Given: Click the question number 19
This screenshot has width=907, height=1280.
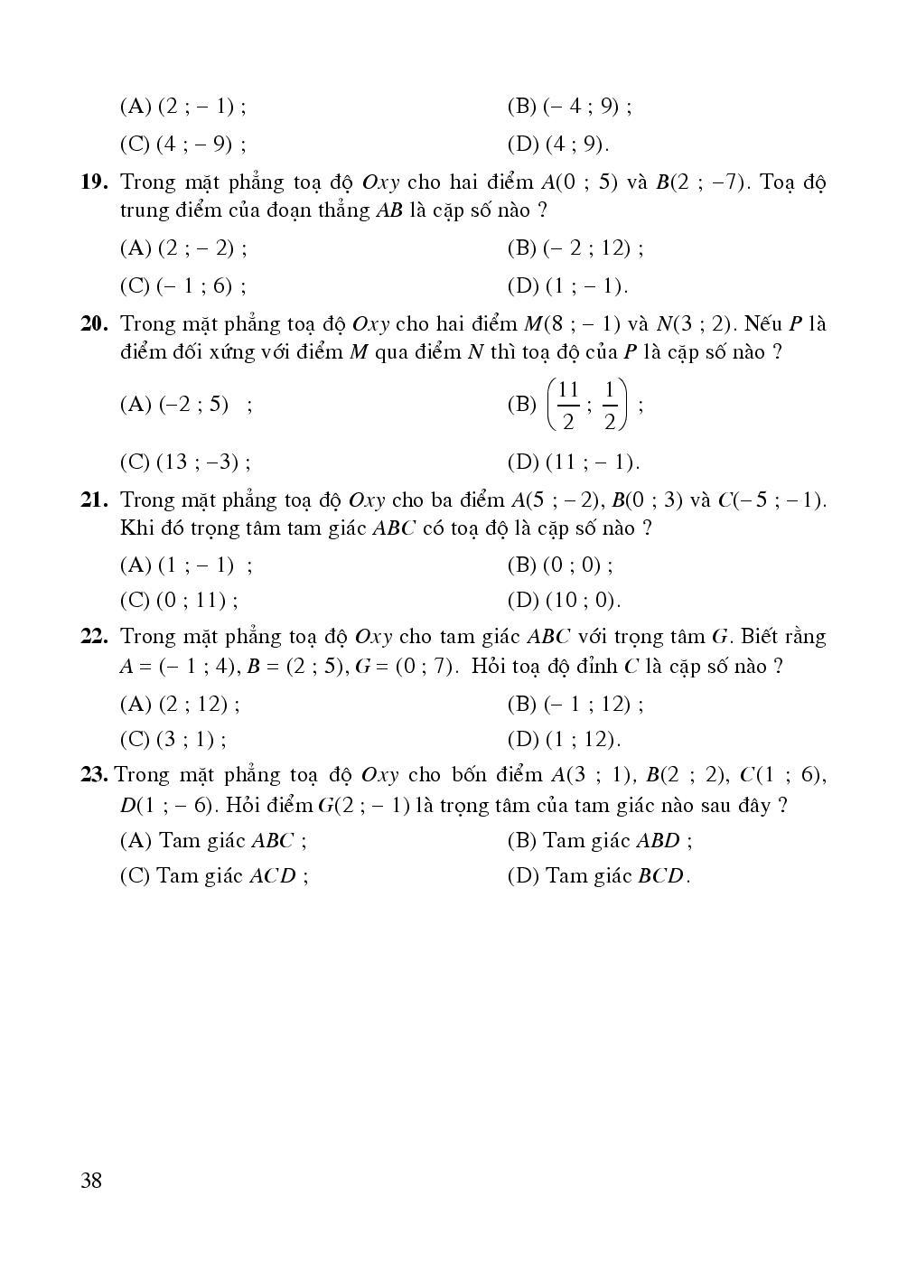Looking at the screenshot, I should pyautogui.click(x=94, y=182).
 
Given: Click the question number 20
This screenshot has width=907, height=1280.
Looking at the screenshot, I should pyautogui.click(x=94, y=323).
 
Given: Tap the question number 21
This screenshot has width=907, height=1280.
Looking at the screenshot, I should pyautogui.click(x=94, y=500).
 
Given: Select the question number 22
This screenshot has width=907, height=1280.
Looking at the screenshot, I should pyautogui.click(x=94, y=637).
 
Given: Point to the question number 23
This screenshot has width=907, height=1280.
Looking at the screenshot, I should pyautogui.click(x=94, y=775).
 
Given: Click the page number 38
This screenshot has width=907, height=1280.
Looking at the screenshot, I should pyautogui.click(x=91, y=1180).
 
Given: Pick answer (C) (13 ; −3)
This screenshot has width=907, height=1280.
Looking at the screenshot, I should pyautogui.click(x=184, y=462).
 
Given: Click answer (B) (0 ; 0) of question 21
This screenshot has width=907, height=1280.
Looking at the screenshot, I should pyautogui.click(x=559, y=565).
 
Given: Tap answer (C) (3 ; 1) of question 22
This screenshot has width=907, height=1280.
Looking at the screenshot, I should pyautogui.click(x=172, y=740).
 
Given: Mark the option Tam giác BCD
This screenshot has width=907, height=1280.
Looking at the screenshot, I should pyautogui.click(x=598, y=876).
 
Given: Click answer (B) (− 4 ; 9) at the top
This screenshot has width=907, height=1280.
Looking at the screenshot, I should pyautogui.click(x=568, y=107).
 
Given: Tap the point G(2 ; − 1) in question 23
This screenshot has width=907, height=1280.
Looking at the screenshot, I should pyautogui.click(x=365, y=805).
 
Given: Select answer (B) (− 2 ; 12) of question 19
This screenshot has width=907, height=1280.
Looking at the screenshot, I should pyautogui.click(x=575, y=248).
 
